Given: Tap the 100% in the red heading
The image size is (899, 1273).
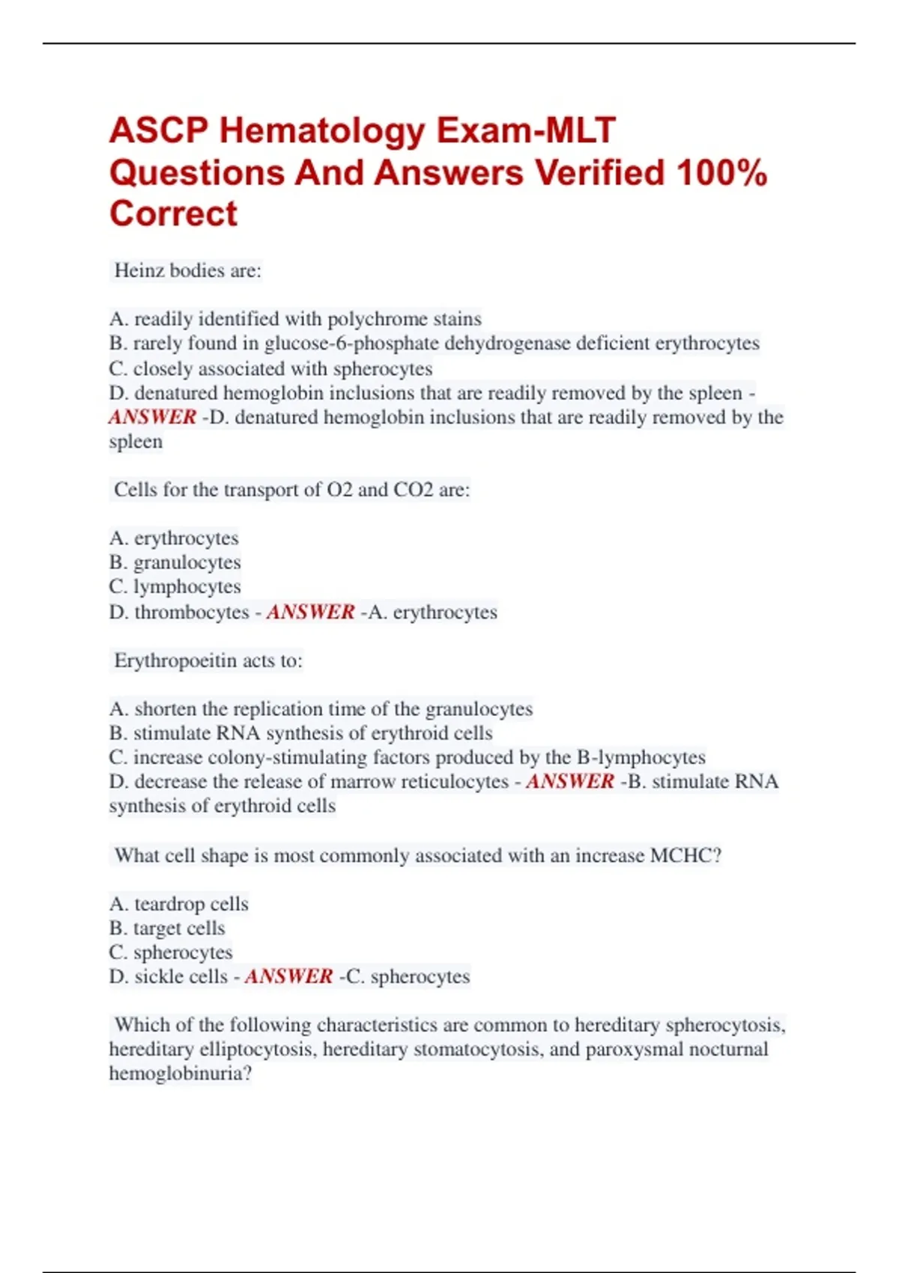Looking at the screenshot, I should (721, 173).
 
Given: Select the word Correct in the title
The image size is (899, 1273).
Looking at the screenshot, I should (173, 214).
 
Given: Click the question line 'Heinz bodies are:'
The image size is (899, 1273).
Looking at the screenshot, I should (187, 271).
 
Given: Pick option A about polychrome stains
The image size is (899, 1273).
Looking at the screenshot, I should (295, 319).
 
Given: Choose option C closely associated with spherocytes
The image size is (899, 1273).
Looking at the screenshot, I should (270, 368).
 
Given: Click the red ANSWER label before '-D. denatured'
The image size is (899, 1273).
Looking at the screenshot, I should (153, 417).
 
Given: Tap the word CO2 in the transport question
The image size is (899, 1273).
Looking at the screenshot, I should (414, 490).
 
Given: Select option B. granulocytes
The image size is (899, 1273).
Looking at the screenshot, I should (175, 562).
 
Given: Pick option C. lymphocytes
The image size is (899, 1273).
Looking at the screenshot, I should (175, 586).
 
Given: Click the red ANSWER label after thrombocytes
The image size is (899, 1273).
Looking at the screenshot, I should (310, 612).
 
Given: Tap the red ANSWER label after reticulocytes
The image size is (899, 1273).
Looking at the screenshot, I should (570, 782).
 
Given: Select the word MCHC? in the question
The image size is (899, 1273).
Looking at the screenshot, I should (685, 855).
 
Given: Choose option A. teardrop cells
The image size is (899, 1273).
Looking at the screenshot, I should (178, 904).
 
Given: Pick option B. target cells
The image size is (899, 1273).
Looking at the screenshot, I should (167, 929).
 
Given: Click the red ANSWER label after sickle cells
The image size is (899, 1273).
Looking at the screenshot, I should (288, 976).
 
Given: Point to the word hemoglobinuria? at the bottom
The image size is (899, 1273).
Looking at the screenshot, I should (181, 1074).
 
